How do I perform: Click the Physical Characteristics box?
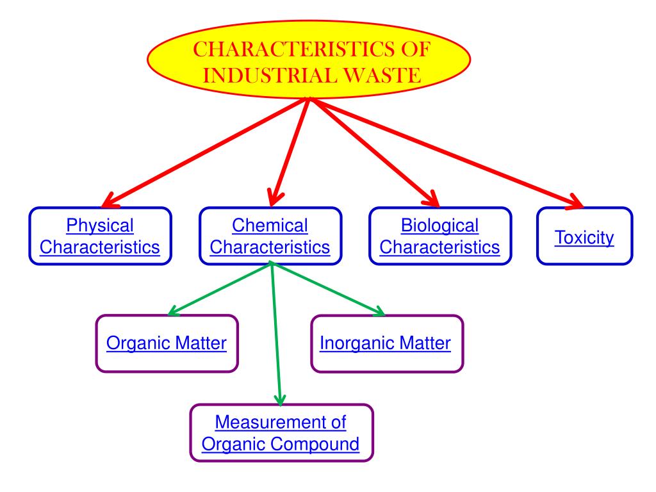pos(100,236)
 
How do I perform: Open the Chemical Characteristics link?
pos(270,236)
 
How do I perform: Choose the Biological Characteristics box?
pos(440,236)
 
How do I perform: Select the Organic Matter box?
pos(167,343)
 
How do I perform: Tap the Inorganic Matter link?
pos(385,343)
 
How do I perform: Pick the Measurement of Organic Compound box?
pos(281,433)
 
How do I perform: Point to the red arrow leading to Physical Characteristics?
pos(205,150)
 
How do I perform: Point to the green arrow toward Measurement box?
pos(277,333)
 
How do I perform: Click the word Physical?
pos(100,225)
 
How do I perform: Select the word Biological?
pos(440,225)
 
